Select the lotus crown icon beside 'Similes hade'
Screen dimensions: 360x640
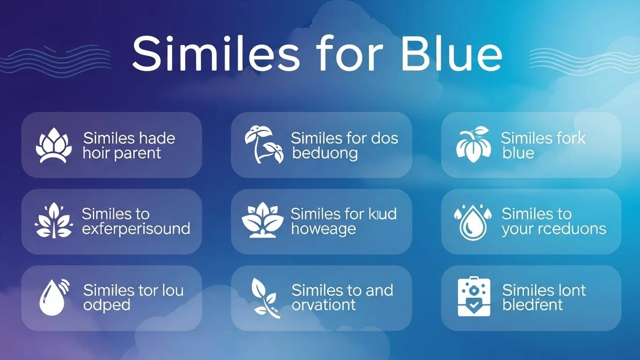[x=54, y=145]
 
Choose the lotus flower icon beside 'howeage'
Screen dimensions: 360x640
[x=263, y=220]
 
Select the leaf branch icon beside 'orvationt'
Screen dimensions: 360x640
[x=263, y=298]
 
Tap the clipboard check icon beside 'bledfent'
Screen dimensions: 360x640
[x=474, y=298]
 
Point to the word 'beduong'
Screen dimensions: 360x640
[x=325, y=153]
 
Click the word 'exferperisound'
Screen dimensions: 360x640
[x=136, y=229]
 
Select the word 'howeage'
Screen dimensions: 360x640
[x=323, y=229]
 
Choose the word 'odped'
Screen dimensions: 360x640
[x=106, y=305]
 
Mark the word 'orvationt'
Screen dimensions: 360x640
[x=324, y=305]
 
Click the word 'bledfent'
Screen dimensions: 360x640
[x=533, y=305]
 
